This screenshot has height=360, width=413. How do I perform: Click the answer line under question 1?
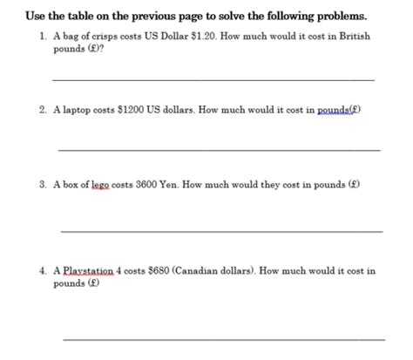point(213,80)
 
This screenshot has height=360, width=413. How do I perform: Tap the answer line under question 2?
point(218,150)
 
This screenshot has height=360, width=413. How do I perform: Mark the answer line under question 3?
point(221,231)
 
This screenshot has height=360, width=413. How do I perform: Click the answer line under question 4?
point(223,337)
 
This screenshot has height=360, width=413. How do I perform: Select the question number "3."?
point(43,185)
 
